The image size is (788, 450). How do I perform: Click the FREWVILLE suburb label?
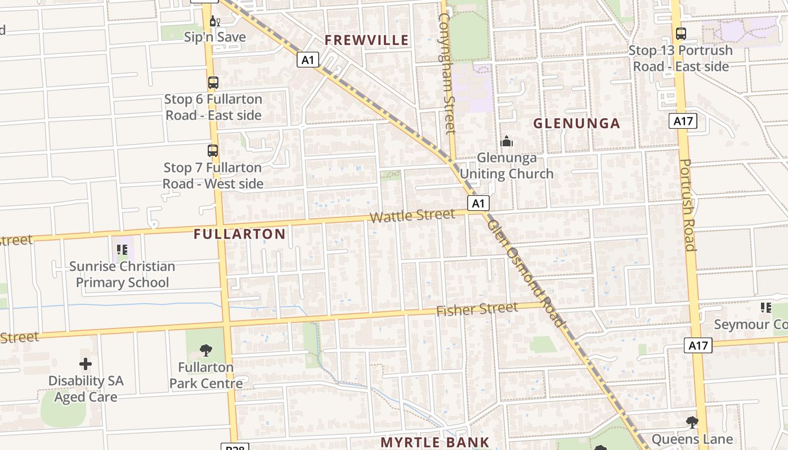tap(366, 40)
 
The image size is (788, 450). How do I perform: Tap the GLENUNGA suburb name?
tap(576, 123)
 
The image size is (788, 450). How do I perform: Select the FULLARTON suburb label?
tap(240, 234)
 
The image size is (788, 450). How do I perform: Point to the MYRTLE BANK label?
tap(435, 442)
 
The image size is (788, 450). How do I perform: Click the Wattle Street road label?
tap(412, 216)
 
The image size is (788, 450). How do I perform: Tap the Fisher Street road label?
tap(477, 309)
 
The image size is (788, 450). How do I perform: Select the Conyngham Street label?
tap(446, 73)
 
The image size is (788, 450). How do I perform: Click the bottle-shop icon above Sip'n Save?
tap(214, 21)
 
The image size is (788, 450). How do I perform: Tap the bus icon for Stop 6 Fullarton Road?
tap(213, 83)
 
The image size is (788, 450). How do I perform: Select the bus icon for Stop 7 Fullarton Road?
tap(212, 151)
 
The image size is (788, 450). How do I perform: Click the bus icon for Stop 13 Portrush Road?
tap(680, 34)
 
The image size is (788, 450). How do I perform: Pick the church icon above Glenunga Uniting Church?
tap(507, 141)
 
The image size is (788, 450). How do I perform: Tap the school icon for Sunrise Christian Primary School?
tap(122, 250)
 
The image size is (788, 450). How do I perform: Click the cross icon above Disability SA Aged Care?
tap(86, 364)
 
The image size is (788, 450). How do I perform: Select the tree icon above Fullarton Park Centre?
tap(205, 350)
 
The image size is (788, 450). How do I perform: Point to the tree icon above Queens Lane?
tap(692, 422)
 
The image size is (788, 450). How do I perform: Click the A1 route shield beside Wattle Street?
tap(478, 203)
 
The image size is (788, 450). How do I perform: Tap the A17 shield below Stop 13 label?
tap(683, 120)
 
